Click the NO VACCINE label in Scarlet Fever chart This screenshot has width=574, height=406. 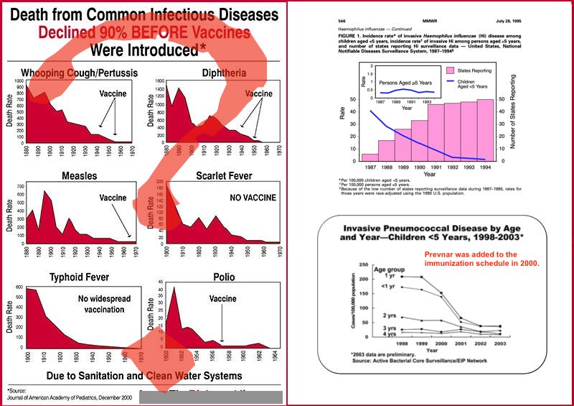tap(253, 198)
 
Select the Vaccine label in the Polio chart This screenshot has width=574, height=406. tap(223, 298)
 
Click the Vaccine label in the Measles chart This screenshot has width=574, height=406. tap(113, 198)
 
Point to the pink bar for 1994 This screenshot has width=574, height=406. tap(485, 130)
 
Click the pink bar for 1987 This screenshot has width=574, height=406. tap(370, 157)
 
